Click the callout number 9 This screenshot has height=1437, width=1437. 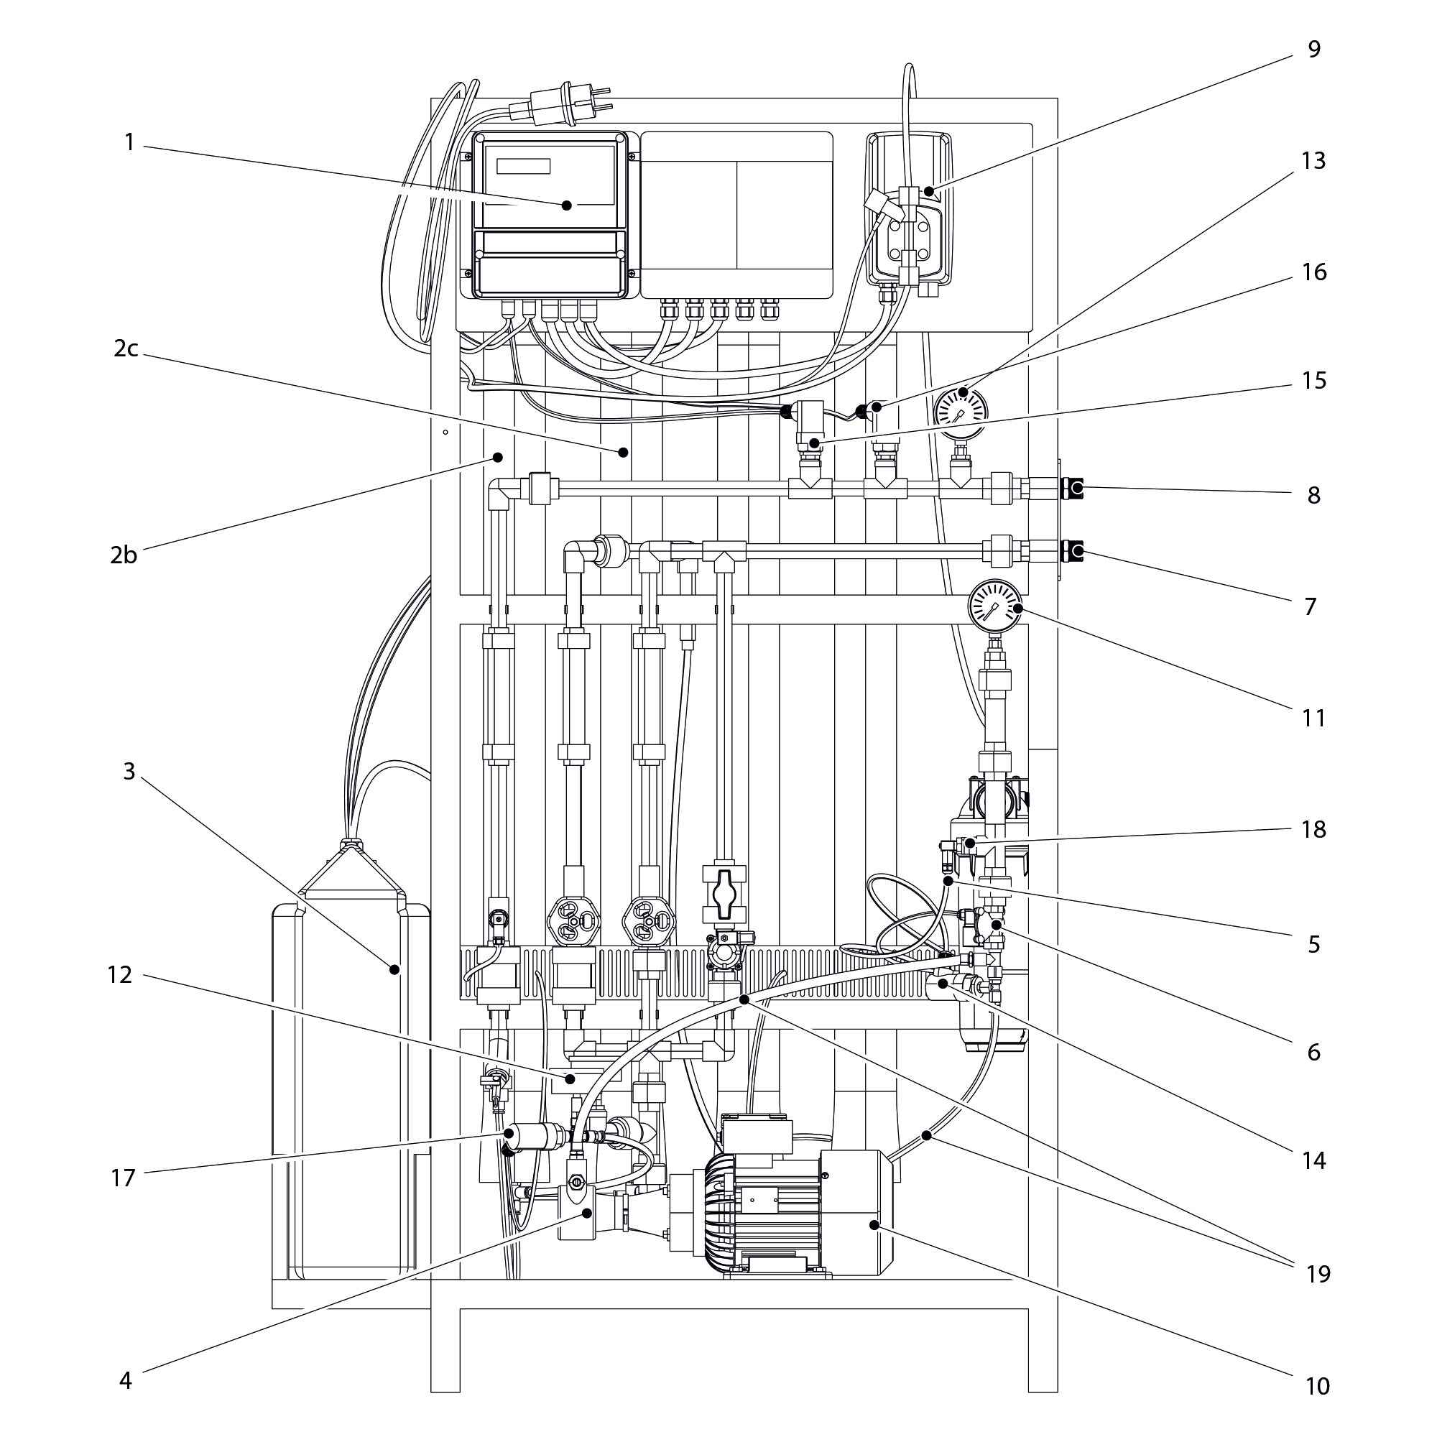click(1313, 49)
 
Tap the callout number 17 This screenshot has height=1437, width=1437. click(124, 1178)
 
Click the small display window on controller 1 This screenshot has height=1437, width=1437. click(523, 166)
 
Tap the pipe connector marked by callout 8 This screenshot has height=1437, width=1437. click(1073, 489)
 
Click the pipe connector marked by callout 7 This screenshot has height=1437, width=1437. click(1073, 551)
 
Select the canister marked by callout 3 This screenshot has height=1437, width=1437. click(350, 1056)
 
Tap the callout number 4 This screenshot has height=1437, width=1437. click(126, 1380)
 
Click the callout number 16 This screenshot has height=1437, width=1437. click(1314, 272)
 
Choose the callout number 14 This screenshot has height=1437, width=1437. click(1314, 1160)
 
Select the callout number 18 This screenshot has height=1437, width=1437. click(1314, 829)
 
